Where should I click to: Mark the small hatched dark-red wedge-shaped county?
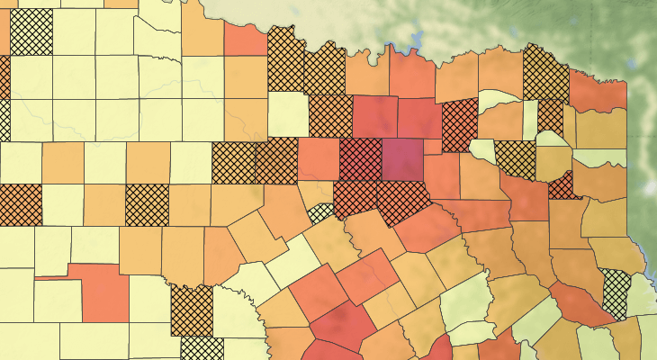tap(562, 186)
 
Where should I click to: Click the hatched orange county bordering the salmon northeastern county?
tap(546, 77)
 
